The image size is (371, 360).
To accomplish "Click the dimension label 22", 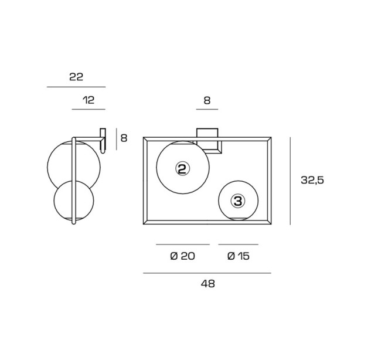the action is (x=76, y=77).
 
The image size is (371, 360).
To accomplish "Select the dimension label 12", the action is (x=89, y=100).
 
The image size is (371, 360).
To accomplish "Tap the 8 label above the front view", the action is (x=207, y=100).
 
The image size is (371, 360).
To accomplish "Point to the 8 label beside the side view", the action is (x=124, y=138).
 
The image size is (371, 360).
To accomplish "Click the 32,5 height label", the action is (x=312, y=180).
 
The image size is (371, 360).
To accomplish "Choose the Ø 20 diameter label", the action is (x=183, y=256).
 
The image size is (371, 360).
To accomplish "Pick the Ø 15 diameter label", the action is (x=239, y=256).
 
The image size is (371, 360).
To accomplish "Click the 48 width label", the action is (x=208, y=284).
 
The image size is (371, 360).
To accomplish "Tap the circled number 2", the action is (x=183, y=168).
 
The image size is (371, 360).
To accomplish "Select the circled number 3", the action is (x=238, y=201).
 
